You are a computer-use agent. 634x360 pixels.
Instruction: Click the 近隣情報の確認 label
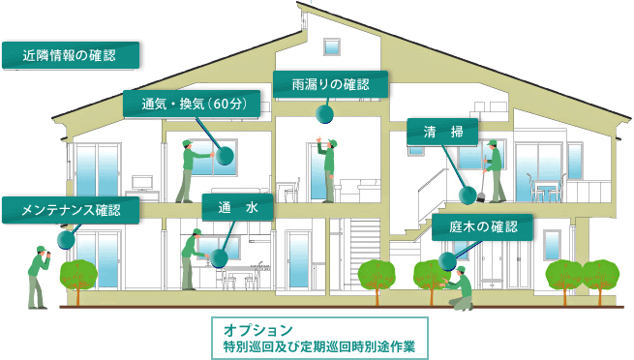(x=72, y=55)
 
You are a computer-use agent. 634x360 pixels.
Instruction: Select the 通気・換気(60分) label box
(x=192, y=104)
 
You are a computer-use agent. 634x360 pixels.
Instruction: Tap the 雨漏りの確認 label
(x=330, y=84)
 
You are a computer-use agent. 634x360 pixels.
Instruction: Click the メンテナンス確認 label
(x=70, y=208)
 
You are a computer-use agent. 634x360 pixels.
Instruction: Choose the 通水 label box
(x=237, y=207)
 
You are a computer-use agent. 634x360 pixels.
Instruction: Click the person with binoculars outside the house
(x=37, y=274)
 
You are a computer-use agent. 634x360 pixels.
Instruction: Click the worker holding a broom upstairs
(x=494, y=171)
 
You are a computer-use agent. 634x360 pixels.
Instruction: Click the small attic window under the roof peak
(x=332, y=47)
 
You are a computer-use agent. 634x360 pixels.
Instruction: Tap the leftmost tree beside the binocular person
(x=80, y=276)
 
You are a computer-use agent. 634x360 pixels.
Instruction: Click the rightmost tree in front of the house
(x=600, y=275)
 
